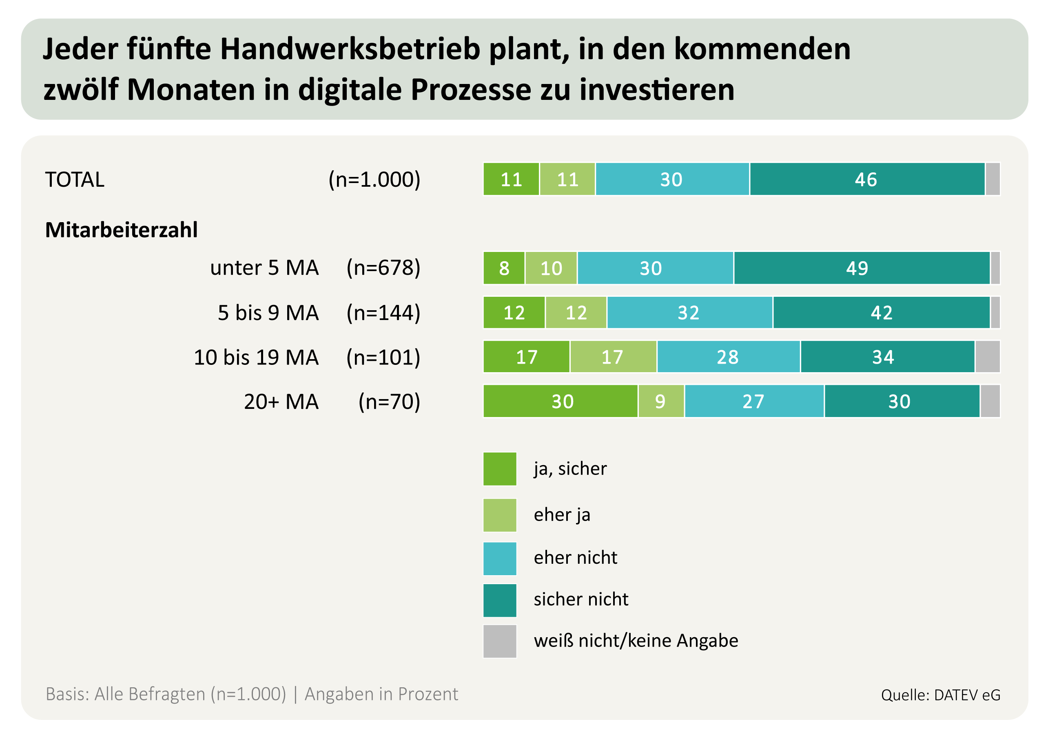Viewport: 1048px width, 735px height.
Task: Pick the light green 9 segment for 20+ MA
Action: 661,402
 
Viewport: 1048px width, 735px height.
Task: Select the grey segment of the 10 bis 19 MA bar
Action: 987,357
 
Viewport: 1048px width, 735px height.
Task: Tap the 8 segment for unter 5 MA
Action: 504,268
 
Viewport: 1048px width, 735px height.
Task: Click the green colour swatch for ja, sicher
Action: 500,469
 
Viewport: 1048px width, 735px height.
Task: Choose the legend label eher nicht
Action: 575,558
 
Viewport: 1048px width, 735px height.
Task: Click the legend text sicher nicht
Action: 580,599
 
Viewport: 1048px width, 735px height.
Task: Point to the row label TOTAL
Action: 75,179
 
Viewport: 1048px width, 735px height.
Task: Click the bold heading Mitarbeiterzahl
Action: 122,230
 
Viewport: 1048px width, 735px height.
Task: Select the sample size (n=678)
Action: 383,268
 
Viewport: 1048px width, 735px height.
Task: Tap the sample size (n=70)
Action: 389,402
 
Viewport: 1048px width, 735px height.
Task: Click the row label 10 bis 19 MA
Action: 256,357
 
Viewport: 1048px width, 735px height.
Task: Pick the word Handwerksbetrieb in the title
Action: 350,49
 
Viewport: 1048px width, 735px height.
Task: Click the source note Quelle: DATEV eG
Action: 940,695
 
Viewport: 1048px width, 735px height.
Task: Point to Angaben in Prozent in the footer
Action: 381,694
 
